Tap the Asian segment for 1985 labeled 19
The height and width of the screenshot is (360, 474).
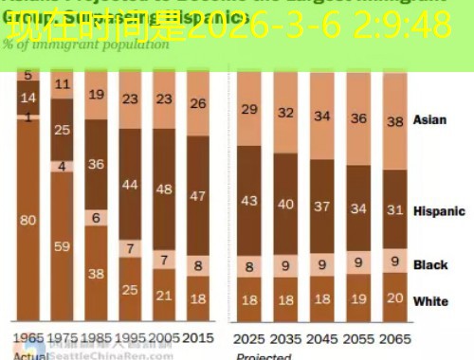(97, 96)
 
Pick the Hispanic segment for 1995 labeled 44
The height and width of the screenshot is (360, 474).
(129, 183)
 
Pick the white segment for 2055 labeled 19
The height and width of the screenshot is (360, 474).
(358, 301)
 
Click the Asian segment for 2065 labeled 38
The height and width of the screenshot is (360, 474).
(392, 121)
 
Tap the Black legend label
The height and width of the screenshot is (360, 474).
(430, 264)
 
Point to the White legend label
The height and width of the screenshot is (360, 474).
(431, 302)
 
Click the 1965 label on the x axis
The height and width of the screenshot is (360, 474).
(28, 337)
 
